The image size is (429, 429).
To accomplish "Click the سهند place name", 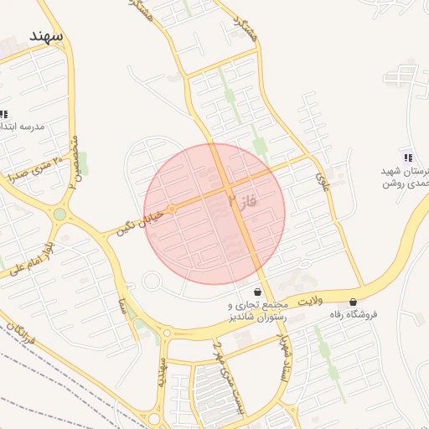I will point(46,36).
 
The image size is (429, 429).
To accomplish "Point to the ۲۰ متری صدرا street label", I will point(34,168).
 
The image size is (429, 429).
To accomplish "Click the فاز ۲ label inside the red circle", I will point(240,200).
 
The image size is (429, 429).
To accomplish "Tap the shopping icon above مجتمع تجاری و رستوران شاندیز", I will point(256,292).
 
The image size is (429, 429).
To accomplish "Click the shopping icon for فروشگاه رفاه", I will point(353,302).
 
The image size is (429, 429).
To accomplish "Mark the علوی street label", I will point(322,178).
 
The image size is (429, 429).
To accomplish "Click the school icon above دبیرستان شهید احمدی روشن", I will point(407,158).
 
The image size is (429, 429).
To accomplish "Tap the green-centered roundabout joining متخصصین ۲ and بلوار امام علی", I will point(60,214).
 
